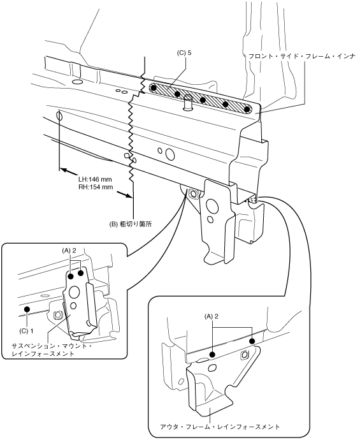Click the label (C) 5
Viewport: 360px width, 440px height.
point(184,53)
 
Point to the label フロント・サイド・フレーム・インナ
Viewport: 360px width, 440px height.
point(302,56)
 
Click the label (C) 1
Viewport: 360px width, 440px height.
point(26,331)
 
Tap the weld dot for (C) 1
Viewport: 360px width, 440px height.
point(27,309)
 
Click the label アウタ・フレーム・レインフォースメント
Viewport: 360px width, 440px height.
point(220,427)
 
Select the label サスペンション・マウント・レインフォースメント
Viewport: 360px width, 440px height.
point(52,349)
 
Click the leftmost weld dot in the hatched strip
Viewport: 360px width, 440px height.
point(153,88)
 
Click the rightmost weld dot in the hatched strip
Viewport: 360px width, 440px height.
point(247,109)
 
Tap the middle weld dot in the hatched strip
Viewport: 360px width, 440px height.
point(203,99)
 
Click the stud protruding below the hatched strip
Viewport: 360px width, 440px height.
point(187,103)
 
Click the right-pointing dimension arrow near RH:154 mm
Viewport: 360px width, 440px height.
point(124,194)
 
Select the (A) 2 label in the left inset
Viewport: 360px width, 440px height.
point(69,251)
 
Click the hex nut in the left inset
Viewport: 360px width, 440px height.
point(57,316)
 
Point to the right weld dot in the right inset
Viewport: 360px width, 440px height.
point(252,341)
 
